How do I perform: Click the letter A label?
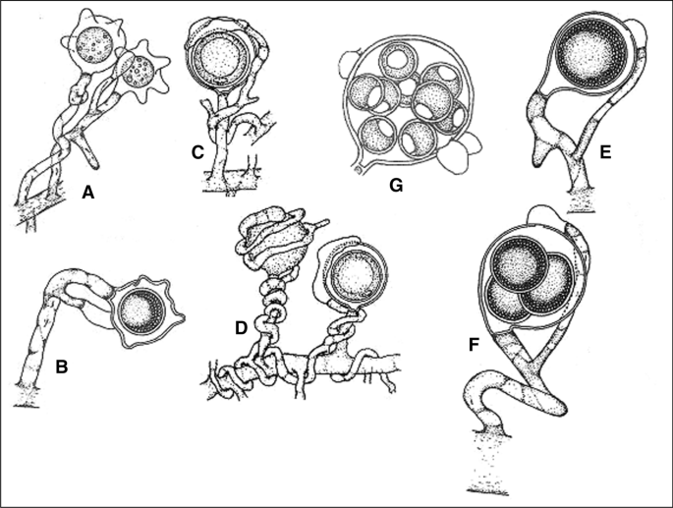[x=88, y=194]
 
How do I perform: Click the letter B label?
[x=62, y=367]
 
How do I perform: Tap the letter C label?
[x=197, y=152]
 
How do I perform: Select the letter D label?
[x=242, y=328]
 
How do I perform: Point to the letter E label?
[x=605, y=152]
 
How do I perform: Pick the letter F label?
[x=474, y=344]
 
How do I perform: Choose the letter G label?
[x=396, y=185]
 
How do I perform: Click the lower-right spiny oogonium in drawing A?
[x=142, y=71]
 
